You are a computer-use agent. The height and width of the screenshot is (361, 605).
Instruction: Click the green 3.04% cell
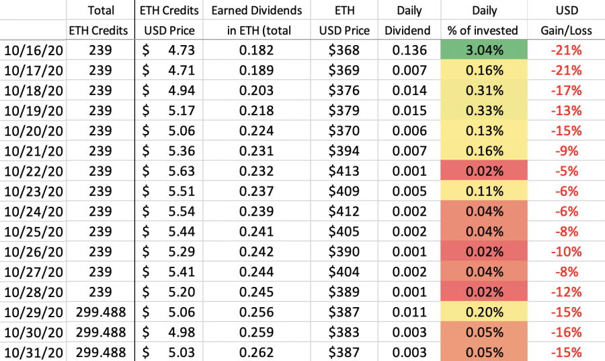[484, 50]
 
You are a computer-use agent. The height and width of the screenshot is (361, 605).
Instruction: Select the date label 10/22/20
[34, 171]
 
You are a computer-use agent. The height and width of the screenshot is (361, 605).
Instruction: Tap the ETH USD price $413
[344, 171]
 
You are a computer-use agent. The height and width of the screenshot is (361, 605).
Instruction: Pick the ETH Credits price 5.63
[182, 171]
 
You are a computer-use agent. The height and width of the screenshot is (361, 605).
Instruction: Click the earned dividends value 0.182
[256, 50]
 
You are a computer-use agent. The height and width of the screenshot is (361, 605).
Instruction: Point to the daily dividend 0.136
[409, 50]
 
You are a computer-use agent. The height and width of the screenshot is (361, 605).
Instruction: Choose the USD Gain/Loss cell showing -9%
[567, 151]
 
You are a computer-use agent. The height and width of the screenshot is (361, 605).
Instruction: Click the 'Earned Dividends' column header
[257, 10]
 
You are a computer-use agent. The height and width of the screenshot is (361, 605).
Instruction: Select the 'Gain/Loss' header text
[566, 30]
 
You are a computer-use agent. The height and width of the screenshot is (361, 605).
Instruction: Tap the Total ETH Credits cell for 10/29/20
[101, 312]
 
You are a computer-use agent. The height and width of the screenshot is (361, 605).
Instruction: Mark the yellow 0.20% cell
[484, 312]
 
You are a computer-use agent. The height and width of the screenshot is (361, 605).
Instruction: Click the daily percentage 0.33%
[484, 110]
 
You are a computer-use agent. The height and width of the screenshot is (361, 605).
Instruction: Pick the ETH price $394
[344, 151]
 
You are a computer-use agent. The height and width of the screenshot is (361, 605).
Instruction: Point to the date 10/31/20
[34, 352]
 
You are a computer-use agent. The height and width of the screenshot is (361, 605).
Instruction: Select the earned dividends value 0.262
[256, 352]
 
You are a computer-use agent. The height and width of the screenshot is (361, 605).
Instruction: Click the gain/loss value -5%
[567, 171]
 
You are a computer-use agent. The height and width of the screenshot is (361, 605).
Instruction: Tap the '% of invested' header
[483, 30]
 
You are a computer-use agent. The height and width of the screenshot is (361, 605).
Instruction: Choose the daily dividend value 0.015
[409, 110]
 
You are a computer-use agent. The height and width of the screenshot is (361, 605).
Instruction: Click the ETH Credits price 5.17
[182, 110]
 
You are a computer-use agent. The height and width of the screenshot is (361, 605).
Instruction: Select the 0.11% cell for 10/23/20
[484, 191]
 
